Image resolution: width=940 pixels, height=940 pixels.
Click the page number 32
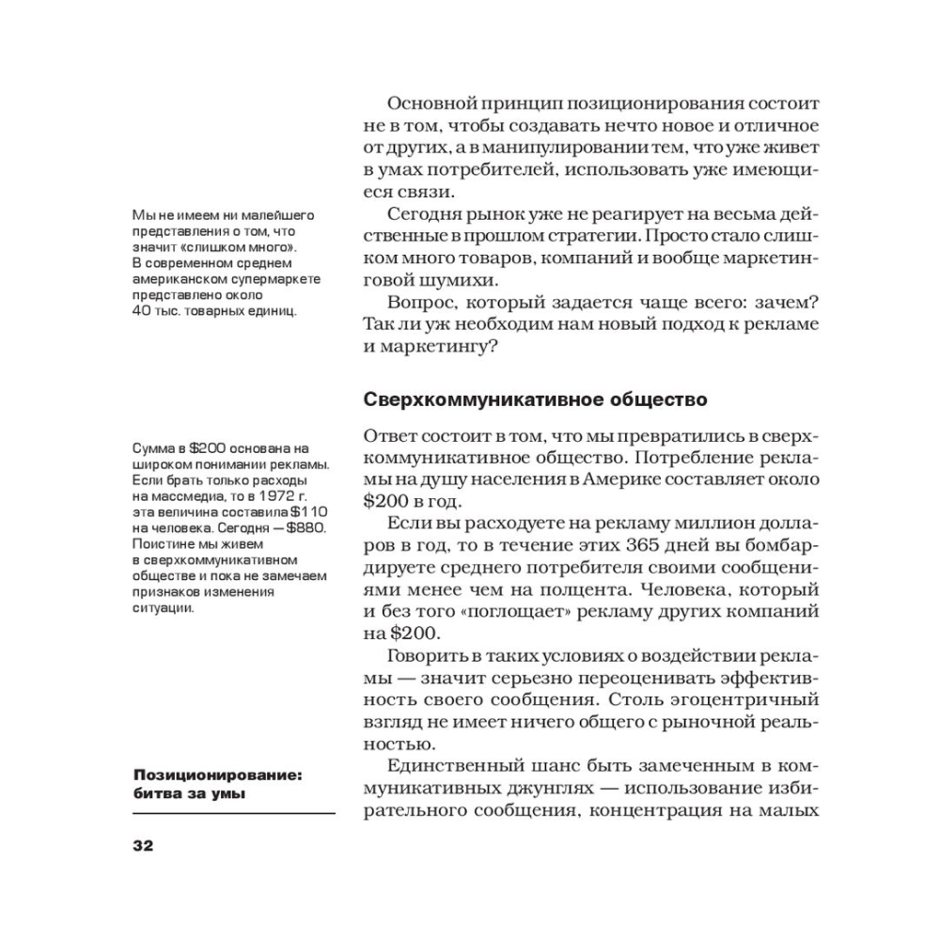[142, 843]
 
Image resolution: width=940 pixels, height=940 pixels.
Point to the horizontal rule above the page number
[234, 812]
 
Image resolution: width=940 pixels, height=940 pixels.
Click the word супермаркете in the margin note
[279, 278]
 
